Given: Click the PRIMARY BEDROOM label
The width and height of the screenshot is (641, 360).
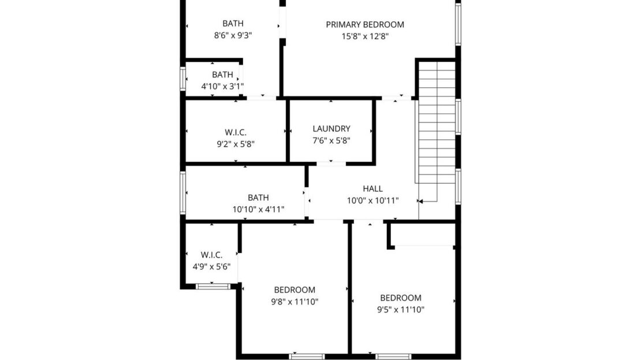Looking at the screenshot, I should (x=365, y=25).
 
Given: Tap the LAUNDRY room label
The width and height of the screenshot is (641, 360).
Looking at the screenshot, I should (x=331, y=129).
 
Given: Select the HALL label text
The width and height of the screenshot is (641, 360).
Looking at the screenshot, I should (x=372, y=189).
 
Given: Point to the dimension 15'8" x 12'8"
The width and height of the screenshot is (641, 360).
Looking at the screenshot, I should (x=365, y=36).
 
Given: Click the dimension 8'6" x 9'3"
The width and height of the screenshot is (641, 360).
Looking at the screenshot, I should (x=233, y=35).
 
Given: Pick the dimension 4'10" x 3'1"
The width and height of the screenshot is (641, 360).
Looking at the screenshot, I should (x=222, y=86).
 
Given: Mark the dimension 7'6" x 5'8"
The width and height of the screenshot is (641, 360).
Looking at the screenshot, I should (x=331, y=140).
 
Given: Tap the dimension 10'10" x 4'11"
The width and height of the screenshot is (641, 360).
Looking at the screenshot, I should (x=258, y=209).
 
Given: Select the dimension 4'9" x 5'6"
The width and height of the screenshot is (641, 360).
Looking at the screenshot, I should (x=212, y=266).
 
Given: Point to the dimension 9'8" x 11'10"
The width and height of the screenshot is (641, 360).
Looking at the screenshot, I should (x=295, y=301).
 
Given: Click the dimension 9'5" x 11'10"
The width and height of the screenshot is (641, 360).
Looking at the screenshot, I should (x=400, y=309).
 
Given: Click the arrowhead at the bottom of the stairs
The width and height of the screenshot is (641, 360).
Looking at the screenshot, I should (x=420, y=202).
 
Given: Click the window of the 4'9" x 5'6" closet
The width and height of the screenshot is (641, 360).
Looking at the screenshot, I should (x=213, y=285).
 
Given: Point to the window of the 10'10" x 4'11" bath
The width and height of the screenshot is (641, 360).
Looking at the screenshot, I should (x=182, y=192).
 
